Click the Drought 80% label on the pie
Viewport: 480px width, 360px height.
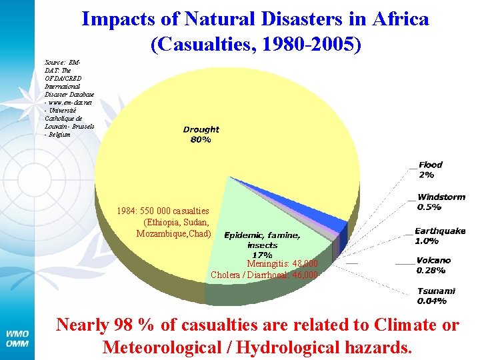point(201,135)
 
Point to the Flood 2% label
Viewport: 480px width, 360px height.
point(430,169)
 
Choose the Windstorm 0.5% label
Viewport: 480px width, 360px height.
point(441,202)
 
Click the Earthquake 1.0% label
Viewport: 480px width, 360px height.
point(440,235)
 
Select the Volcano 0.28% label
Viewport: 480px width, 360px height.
point(433,265)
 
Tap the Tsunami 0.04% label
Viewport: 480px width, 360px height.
point(436,295)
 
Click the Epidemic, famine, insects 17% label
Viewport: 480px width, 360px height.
point(262,245)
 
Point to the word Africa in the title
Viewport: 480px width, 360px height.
point(399,19)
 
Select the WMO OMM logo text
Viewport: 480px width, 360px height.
point(18,338)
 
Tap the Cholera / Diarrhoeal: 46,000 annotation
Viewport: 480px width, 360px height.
point(264,275)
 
